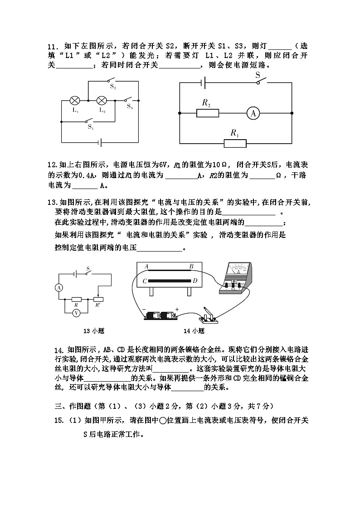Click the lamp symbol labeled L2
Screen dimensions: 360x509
click(102, 100)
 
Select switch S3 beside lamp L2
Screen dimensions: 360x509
click(130, 100)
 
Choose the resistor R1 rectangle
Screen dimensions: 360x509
click(235, 143)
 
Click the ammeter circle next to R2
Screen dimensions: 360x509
click(253, 113)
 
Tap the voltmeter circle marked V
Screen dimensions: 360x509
click(77, 312)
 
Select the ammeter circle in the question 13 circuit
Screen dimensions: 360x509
click(58, 287)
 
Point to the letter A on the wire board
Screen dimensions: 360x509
click(146, 267)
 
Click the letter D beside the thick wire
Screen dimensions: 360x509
click(195, 281)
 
